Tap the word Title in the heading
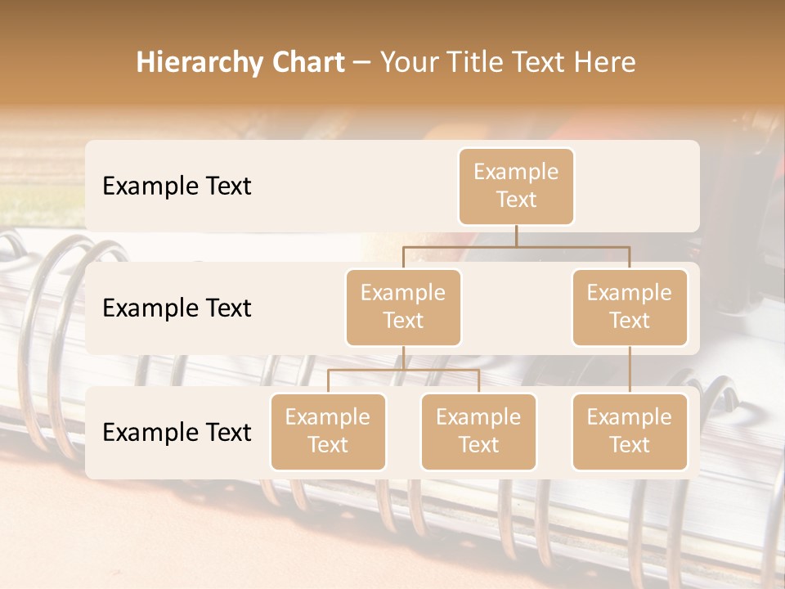(x=477, y=62)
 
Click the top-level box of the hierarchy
(x=516, y=186)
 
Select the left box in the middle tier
(x=403, y=307)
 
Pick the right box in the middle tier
(x=630, y=307)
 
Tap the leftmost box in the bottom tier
(x=328, y=431)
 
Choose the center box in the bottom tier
(x=478, y=431)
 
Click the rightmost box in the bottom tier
(x=630, y=431)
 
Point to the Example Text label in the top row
(x=177, y=186)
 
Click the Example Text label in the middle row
(x=177, y=308)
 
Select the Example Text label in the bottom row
(x=177, y=432)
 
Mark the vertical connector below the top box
(x=516, y=236)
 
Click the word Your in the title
(x=408, y=62)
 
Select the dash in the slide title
(x=362, y=62)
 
